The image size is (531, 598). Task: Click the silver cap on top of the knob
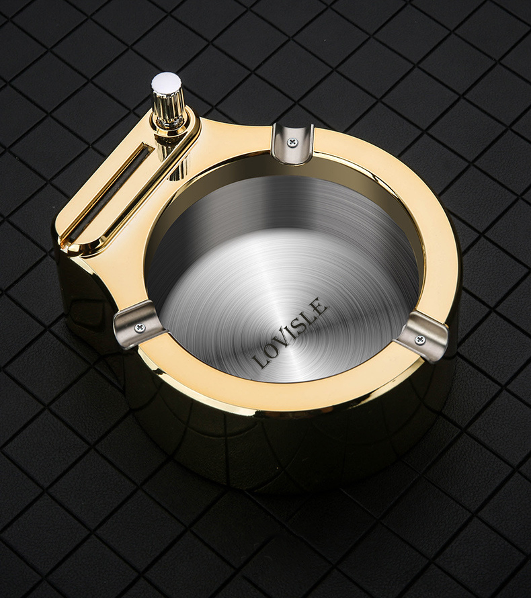166,83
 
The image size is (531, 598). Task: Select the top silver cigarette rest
292,142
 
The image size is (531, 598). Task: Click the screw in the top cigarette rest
292,142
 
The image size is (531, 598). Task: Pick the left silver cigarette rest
138,325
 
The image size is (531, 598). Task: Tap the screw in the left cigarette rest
139,328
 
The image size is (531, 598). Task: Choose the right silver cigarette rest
421,335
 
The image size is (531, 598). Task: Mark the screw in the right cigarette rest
420,339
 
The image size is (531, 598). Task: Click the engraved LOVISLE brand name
291,333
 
